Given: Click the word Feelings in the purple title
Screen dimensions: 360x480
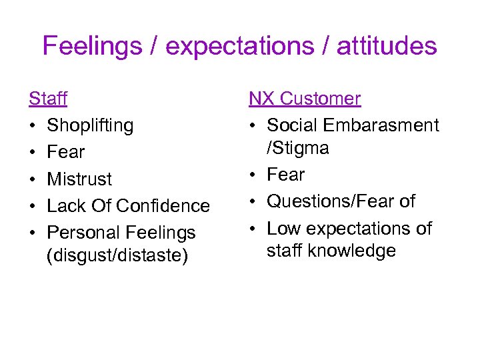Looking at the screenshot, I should [92, 47].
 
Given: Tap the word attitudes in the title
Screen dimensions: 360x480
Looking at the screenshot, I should [387, 47].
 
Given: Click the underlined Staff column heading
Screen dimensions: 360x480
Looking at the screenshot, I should [47, 99].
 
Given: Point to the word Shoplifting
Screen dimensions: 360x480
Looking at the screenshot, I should [90, 125].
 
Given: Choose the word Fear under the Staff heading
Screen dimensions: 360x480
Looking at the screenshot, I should [66, 152].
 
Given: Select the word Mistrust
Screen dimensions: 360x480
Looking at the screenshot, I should [79, 179].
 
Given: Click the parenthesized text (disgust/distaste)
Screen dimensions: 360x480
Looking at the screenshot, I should [118, 255].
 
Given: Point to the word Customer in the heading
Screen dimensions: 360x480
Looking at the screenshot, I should [321, 99].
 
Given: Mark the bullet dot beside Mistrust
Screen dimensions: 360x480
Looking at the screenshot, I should [32, 179].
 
